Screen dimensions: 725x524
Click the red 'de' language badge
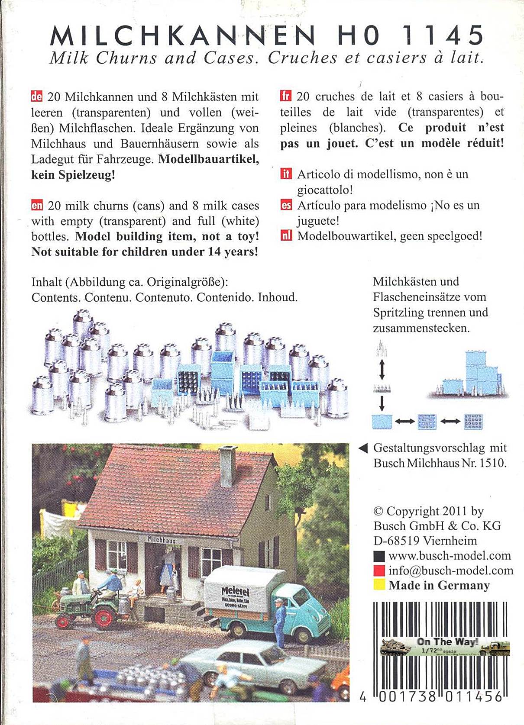point(37,97)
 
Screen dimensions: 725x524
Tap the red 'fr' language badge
point(286,96)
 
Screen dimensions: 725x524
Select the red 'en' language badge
point(37,206)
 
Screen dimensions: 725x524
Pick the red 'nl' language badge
point(286,236)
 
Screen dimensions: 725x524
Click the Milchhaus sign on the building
point(162,540)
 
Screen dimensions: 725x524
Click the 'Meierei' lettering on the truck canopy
point(235,591)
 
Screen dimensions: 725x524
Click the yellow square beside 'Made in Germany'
point(379,585)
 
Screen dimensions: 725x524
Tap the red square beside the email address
point(379,570)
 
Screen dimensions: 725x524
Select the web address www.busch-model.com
point(450,556)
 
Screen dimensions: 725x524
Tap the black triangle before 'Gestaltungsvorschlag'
point(363,448)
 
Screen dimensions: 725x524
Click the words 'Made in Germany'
point(439,585)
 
